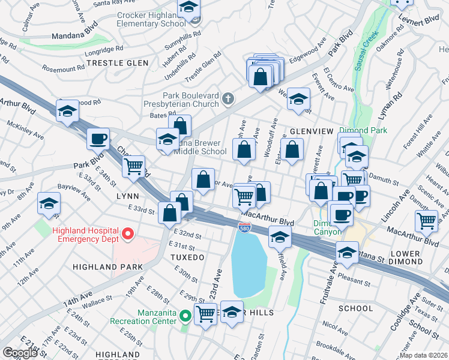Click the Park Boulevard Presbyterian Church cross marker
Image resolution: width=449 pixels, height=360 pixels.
point(228,98)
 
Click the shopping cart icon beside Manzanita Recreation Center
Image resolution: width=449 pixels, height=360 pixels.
point(205,313)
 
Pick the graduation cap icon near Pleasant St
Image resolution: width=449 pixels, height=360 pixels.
point(347,253)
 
